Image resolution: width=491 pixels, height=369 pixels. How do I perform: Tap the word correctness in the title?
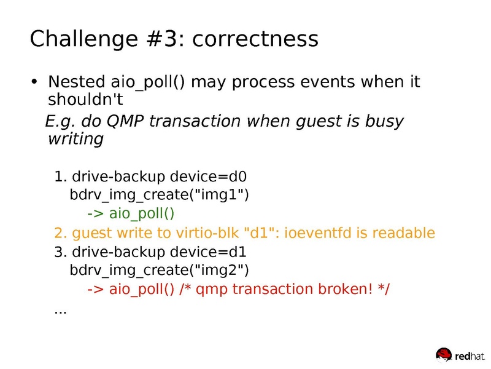tap(255, 39)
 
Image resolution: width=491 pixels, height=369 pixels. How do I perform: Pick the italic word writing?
tap(75, 140)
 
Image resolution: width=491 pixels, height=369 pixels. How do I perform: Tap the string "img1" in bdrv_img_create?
tap(223, 196)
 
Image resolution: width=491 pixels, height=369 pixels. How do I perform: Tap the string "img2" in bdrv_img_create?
tap(223, 270)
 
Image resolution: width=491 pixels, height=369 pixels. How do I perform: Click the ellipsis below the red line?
tap(60, 311)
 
